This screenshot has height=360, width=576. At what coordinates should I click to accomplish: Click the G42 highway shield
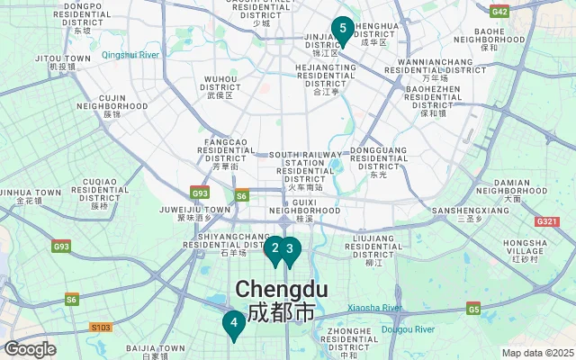point(500,12)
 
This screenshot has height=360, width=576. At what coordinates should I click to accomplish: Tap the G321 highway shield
point(546,221)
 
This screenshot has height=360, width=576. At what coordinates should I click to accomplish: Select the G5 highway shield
point(472,310)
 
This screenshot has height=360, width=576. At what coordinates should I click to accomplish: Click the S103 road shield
point(101,328)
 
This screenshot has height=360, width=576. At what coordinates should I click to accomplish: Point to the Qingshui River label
point(130,55)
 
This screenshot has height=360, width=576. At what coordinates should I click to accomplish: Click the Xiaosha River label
point(373,308)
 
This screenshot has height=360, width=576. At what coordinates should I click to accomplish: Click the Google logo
point(31,349)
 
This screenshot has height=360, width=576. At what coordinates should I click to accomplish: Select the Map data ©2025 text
point(536,353)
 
